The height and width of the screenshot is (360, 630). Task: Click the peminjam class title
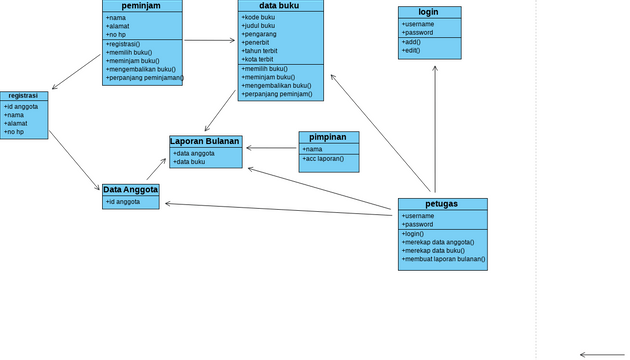pos(142,6)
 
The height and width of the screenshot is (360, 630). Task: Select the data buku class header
pos(280,6)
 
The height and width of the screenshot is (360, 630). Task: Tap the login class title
pos(429,12)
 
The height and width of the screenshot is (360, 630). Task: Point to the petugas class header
pos(442,204)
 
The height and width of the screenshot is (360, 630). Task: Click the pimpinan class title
pos(328,137)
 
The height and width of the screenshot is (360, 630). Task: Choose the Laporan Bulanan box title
pos(205,141)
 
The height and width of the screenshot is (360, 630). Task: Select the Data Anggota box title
pos(130,189)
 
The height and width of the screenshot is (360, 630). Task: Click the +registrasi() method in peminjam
pos(123,44)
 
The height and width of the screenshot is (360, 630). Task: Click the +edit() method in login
pos(411,51)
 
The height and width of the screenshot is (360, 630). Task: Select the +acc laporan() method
pos(324,159)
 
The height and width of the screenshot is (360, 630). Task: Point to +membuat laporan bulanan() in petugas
pos(444,259)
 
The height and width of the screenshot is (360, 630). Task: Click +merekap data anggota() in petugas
pos(438,242)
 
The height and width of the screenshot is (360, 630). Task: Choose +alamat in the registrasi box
pos(15,123)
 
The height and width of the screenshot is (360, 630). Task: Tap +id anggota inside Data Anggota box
pos(123,202)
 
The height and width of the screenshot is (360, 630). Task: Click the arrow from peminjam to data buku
pos(210,41)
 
